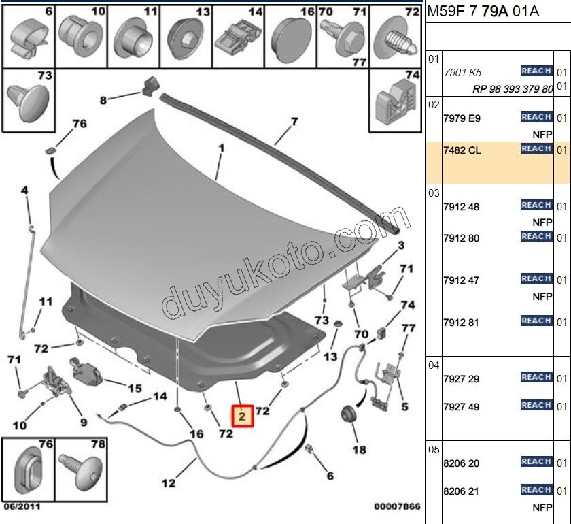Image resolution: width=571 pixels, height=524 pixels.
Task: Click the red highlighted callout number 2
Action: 243,414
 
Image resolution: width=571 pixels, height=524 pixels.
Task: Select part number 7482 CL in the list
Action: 462,150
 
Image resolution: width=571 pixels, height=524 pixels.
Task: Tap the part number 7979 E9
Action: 462,118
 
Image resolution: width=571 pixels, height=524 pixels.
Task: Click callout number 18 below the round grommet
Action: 359,449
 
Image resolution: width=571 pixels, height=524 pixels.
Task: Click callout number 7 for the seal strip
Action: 294,122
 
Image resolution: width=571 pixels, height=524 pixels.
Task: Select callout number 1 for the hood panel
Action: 221,148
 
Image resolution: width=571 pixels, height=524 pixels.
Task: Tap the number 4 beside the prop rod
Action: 24,191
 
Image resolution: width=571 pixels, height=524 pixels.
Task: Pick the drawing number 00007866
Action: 397,506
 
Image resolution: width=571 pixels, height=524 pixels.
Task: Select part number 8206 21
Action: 462,491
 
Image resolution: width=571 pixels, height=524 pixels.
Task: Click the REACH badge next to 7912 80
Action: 536,236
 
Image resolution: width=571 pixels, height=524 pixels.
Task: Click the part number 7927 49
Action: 462,407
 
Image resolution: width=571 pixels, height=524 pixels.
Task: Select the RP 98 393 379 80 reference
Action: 513,89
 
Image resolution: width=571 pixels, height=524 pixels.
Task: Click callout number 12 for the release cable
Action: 169,484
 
